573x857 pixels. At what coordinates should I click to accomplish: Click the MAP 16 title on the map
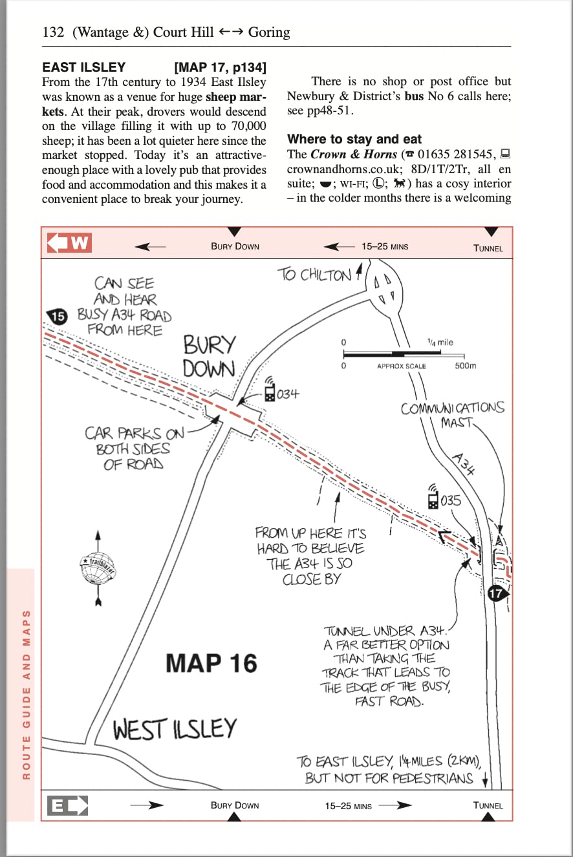[x=211, y=663]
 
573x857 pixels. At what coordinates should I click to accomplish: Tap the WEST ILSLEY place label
[x=175, y=730]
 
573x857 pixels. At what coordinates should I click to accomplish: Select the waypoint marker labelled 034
[x=270, y=391]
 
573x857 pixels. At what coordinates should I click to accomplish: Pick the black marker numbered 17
[x=497, y=593]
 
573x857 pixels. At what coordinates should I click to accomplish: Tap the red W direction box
[x=69, y=243]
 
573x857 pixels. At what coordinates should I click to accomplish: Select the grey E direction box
[x=67, y=806]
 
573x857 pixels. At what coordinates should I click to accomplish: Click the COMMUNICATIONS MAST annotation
[x=452, y=415]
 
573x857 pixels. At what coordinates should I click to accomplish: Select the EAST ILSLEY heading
[x=84, y=67]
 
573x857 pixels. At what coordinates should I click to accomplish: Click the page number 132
[x=53, y=32]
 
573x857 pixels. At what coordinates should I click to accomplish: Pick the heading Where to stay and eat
[x=354, y=139]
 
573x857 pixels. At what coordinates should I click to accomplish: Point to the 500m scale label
[x=465, y=366]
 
